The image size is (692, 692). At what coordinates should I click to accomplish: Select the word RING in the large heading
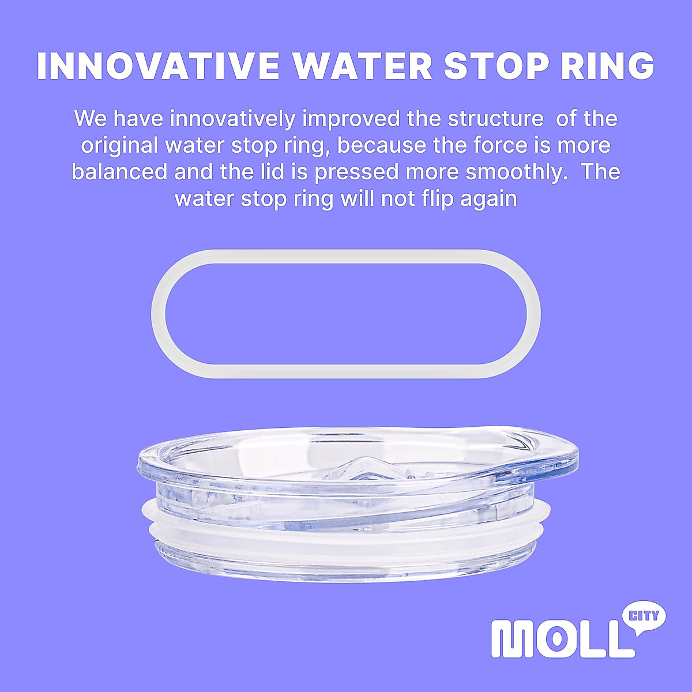[607, 66]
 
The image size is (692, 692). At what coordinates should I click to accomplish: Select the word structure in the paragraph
[495, 119]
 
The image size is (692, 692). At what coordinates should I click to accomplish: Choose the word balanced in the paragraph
[119, 172]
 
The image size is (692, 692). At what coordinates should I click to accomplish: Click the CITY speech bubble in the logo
[644, 616]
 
